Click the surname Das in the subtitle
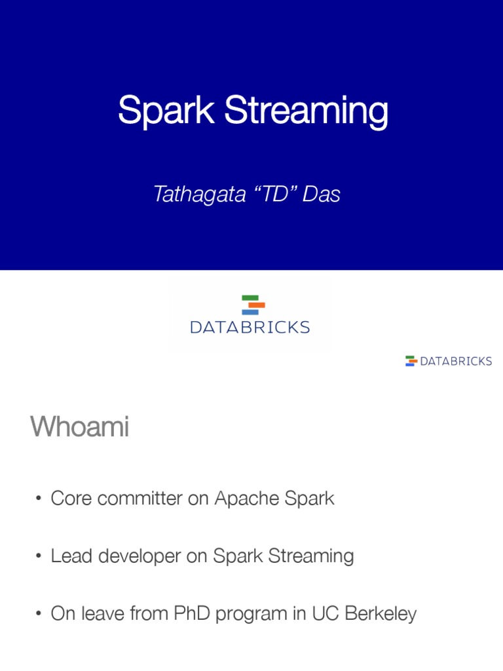pos(322,194)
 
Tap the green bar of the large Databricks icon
pos(250,298)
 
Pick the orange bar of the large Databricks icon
pos(257,305)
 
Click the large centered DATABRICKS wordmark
pos(250,326)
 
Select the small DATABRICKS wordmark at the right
pos(456,361)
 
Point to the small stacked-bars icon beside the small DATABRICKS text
pos(411,361)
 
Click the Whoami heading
pos(79,428)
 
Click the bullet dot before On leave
pos(39,615)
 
